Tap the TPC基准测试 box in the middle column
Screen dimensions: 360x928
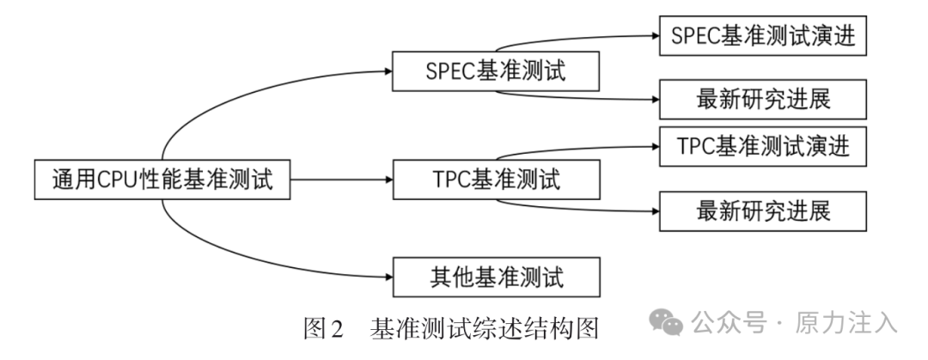click(496, 180)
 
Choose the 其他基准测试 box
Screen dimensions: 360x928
click(496, 278)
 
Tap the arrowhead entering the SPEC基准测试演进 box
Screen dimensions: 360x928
click(653, 37)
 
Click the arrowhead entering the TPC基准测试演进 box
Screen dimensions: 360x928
click(653, 146)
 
